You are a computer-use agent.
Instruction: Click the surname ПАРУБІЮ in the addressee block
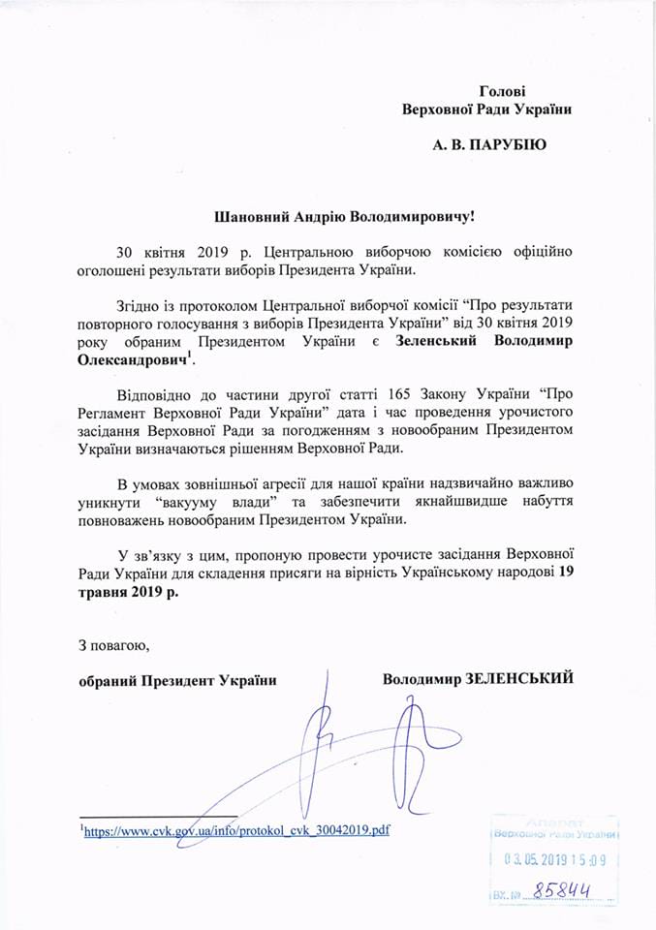(506, 145)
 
